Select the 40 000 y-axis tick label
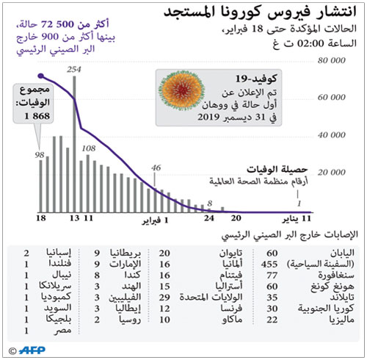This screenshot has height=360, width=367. (345, 135)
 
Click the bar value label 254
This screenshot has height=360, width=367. (73, 68)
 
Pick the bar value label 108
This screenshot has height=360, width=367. (89, 148)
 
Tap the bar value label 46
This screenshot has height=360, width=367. (156, 168)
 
